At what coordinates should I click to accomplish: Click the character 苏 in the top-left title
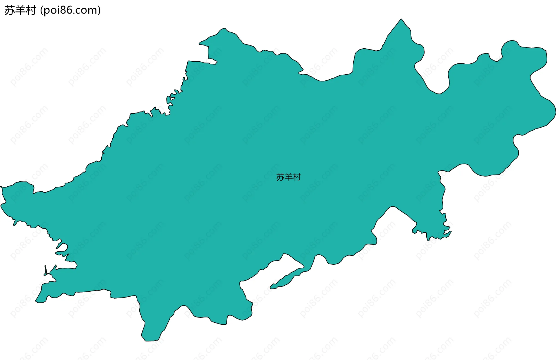coord(10,10)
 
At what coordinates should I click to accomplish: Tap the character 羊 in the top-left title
coord(20,10)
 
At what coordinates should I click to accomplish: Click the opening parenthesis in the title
coord(42,10)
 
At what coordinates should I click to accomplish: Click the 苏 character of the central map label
coord(280,177)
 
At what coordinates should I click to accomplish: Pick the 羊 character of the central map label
coord(289,177)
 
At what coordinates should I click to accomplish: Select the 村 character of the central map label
coord(297,177)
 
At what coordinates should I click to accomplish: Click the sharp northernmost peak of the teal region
coord(401,19)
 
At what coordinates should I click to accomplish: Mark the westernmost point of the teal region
coord(1,187)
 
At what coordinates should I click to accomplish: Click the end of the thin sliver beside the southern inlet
coord(271,288)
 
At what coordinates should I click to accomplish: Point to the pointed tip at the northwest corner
coord(200,44)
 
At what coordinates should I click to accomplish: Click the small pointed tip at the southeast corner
coord(451,231)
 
